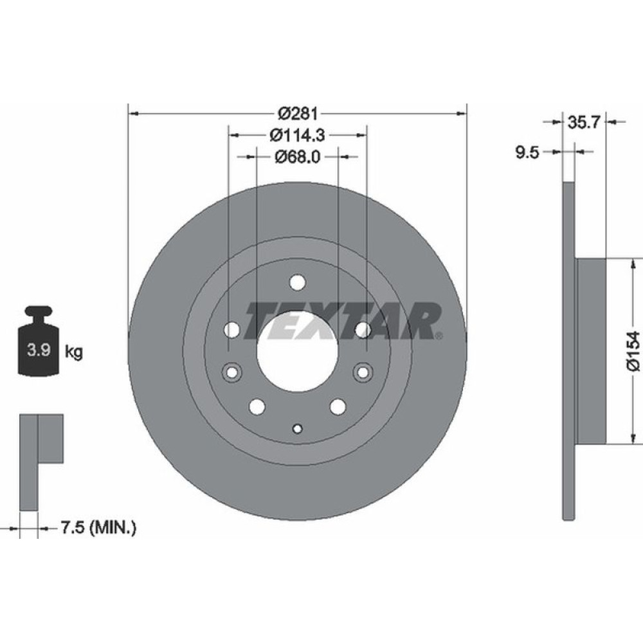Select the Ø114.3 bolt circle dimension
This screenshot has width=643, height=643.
pyautogui.click(x=298, y=135)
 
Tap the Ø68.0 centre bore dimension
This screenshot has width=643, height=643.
pyautogui.click(x=298, y=156)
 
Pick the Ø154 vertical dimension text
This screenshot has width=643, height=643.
pyautogui.click(x=633, y=350)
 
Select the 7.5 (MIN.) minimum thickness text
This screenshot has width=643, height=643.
pyautogui.click(x=98, y=529)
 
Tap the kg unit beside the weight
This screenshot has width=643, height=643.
pyautogui.click(x=73, y=352)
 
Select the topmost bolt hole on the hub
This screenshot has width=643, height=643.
pyautogui.click(x=297, y=282)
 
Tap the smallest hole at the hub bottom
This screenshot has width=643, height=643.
pyautogui.click(x=297, y=429)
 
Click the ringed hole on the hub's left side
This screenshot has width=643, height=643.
pyautogui.click(x=231, y=372)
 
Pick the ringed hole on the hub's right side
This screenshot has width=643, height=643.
pyautogui.click(x=363, y=372)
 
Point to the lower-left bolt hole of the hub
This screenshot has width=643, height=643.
pyautogui.click(x=257, y=406)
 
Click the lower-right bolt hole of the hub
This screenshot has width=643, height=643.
pyautogui.click(x=338, y=406)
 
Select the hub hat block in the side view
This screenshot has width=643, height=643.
pyautogui.click(x=591, y=351)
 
